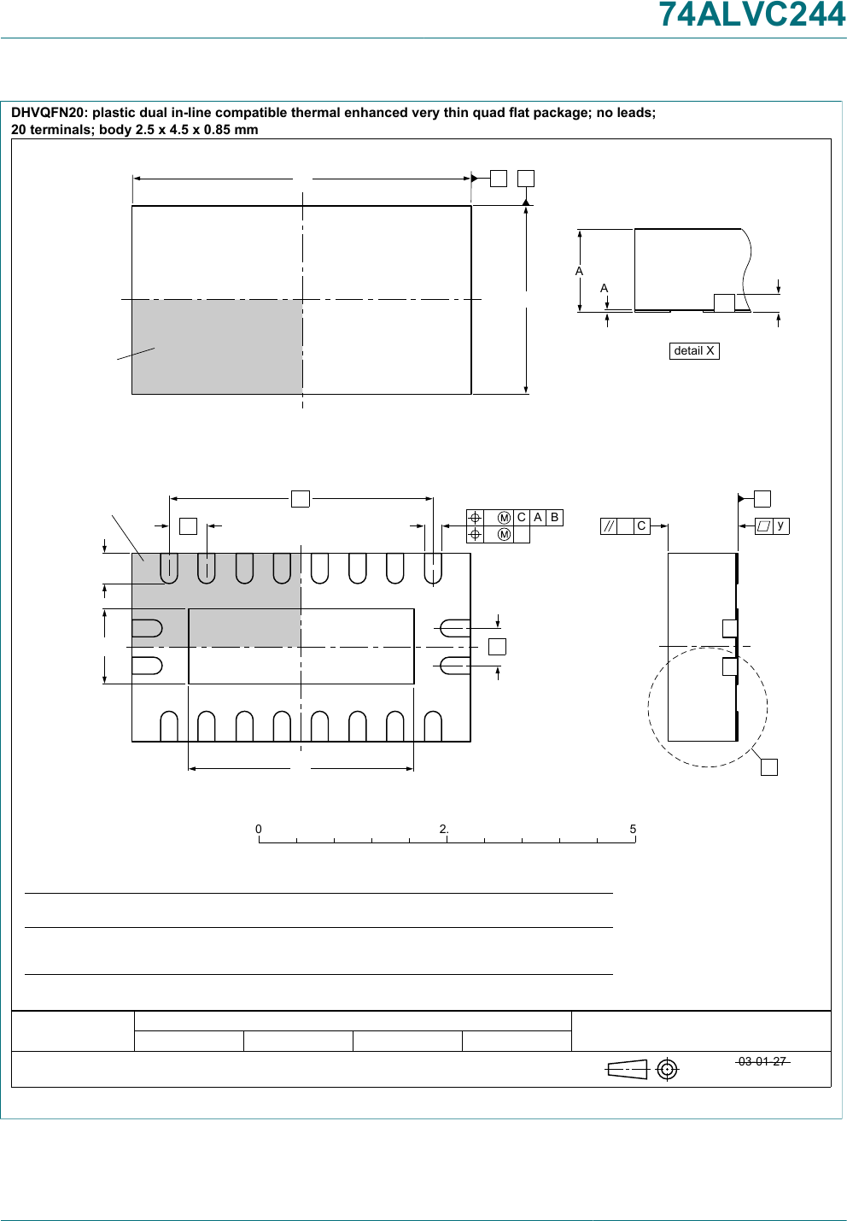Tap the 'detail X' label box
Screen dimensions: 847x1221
coord(694,350)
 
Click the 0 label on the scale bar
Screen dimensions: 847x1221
coord(258,829)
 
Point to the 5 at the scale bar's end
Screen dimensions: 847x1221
coord(633,829)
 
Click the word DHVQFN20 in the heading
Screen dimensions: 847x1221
coord(49,112)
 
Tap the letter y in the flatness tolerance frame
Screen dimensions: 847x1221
coord(780,525)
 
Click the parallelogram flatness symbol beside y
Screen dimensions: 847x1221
coord(763,525)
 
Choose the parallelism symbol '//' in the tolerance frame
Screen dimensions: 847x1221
coord(609,526)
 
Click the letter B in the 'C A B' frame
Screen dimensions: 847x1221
coord(554,517)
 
